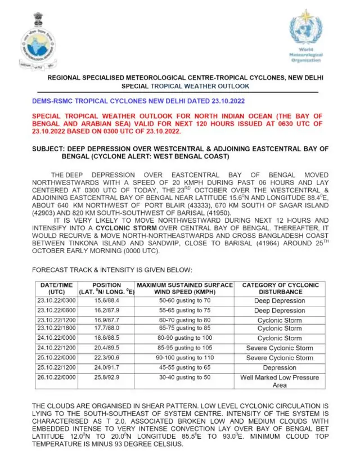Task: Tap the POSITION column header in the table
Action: click(106, 289)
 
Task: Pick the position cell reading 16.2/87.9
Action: click(106, 311)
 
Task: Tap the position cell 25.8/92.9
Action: click(106, 377)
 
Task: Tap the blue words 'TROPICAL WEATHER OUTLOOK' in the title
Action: click(200, 87)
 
